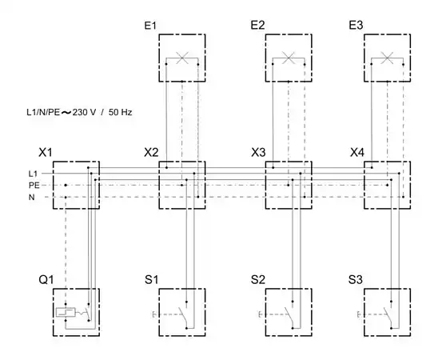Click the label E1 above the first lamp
point(150,26)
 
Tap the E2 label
point(257,26)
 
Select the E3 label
point(356,26)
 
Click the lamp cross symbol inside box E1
point(182,58)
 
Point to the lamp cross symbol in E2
point(289,58)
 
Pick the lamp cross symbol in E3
point(387,58)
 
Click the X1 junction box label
point(46,153)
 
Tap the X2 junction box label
point(151,153)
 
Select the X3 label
point(258,153)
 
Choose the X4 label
point(357,153)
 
